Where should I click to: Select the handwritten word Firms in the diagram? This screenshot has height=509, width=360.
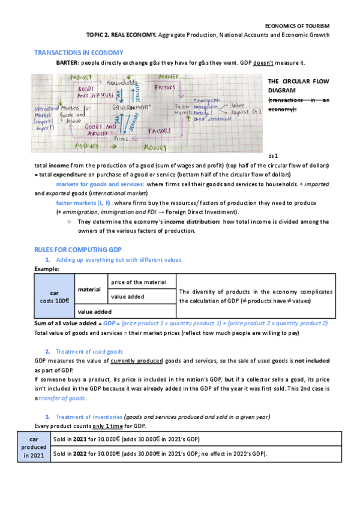[122, 137]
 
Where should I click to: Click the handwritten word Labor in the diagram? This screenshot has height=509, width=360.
[239, 104]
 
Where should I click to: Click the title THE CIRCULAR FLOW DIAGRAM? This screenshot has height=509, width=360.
[298, 85]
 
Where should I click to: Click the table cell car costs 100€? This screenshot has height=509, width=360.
[53, 295]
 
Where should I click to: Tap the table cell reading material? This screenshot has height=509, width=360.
[89, 289]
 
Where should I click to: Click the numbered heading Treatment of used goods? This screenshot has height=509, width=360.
[89, 351]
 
